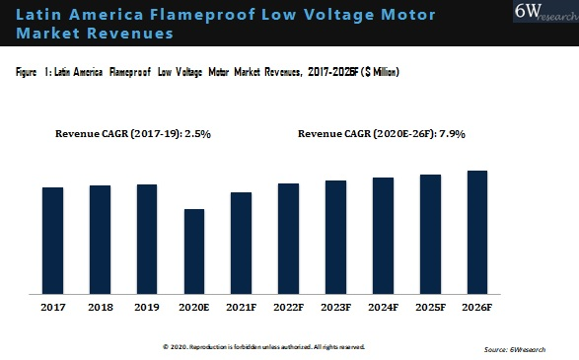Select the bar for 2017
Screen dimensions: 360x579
(52, 241)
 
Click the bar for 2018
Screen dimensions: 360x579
(100, 240)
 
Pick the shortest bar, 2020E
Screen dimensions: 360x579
(194, 252)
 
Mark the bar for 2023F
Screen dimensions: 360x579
(335, 237)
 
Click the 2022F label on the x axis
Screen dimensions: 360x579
(288, 309)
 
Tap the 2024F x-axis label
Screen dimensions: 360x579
(383, 309)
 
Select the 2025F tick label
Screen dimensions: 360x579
(430, 309)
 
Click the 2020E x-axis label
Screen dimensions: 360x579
(194, 309)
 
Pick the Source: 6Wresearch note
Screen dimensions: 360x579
(516, 349)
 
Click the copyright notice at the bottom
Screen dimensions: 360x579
(263, 347)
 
